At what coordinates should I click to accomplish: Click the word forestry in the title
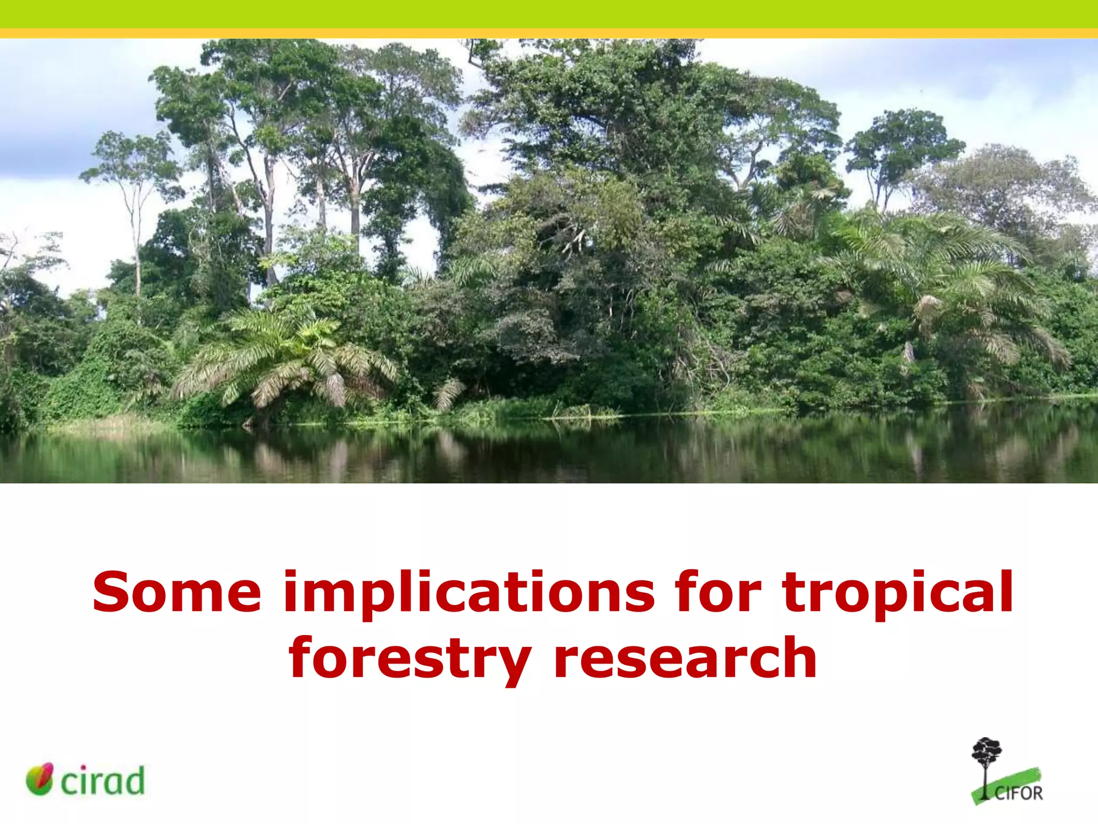(410, 657)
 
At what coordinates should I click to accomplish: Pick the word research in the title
(685, 657)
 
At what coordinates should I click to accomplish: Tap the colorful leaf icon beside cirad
(40, 779)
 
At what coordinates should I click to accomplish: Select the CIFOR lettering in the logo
(1019, 793)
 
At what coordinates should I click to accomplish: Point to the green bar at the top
(549, 13)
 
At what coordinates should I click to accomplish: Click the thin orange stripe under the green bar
(549, 33)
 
